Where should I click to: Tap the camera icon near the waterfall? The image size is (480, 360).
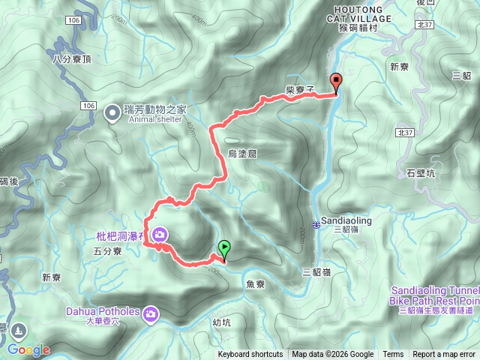pos(159,236)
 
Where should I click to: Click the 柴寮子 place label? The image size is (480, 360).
pos(299,88)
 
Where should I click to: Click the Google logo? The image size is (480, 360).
pos(28,349)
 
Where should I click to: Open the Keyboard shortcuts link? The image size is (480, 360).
pos(250,355)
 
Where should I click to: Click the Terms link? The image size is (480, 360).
pos(393,355)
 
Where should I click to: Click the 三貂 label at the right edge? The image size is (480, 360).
pos(463,76)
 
